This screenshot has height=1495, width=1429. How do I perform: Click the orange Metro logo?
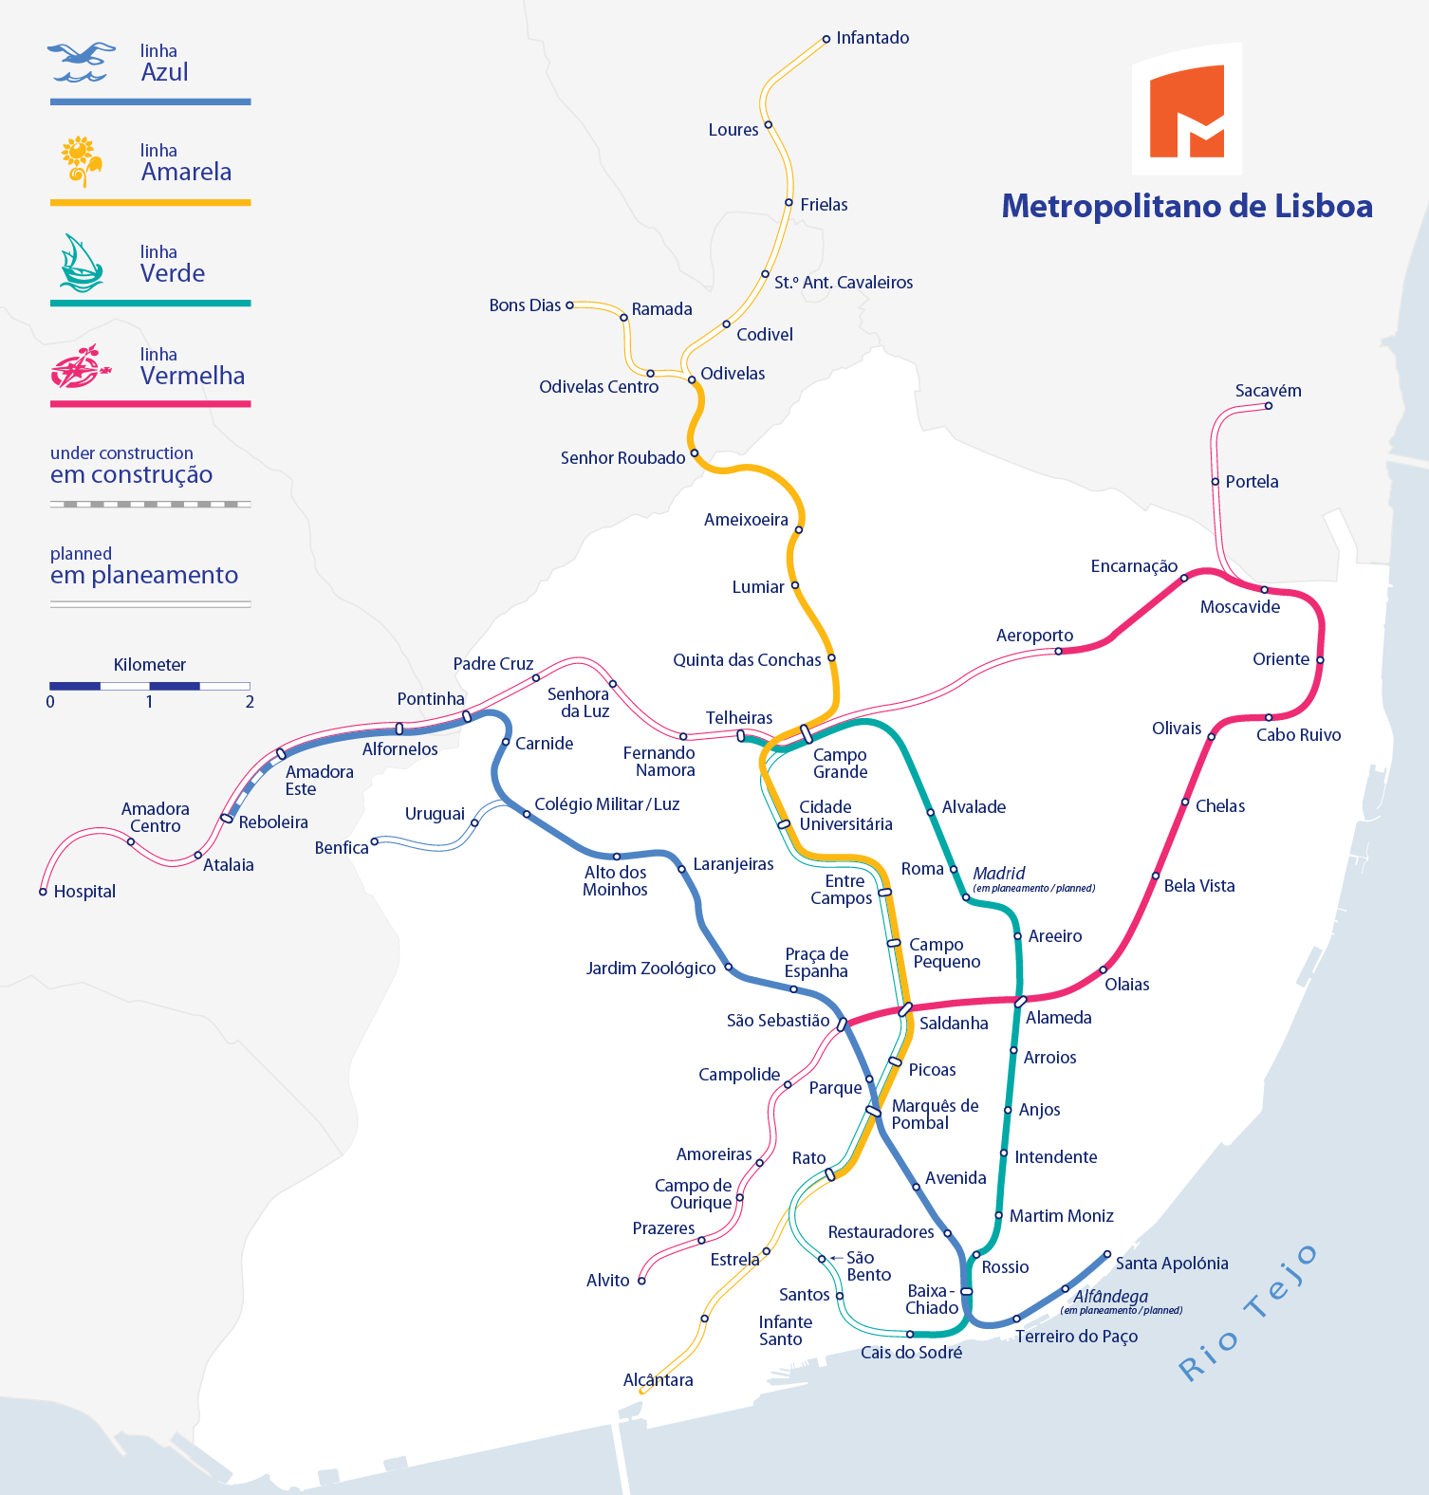tap(1186, 110)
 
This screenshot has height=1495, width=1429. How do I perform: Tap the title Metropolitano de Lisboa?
tap(1187, 206)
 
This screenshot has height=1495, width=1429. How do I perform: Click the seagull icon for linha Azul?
tap(82, 63)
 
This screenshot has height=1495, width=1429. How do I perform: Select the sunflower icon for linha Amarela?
tap(82, 160)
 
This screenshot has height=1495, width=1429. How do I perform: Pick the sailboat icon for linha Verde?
tap(81, 263)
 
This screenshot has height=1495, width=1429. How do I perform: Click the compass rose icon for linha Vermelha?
tap(80, 366)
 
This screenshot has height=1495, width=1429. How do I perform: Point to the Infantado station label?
tap(872, 38)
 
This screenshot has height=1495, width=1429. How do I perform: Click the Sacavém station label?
tap(1268, 391)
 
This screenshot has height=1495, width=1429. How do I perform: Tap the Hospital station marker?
tap(43, 892)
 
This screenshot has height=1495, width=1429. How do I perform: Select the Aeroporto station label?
tap(1034, 636)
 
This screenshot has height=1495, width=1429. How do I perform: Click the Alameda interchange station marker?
tap(1020, 1002)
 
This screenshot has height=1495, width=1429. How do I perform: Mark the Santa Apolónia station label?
tap(1171, 1264)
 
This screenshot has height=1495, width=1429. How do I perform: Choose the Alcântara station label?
tap(658, 1380)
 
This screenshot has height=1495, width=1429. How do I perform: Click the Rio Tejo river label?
tap(1248, 1314)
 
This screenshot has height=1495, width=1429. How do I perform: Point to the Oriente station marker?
tap(1319, 660)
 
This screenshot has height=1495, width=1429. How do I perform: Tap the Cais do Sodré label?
tap(911, 1353)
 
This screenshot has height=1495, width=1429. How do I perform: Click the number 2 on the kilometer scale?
tap(250, 702)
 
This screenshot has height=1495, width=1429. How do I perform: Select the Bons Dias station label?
tap(525, 305)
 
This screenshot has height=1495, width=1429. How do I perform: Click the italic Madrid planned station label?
tap(998, 873)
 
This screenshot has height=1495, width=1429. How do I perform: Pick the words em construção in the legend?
tap(131, 474)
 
